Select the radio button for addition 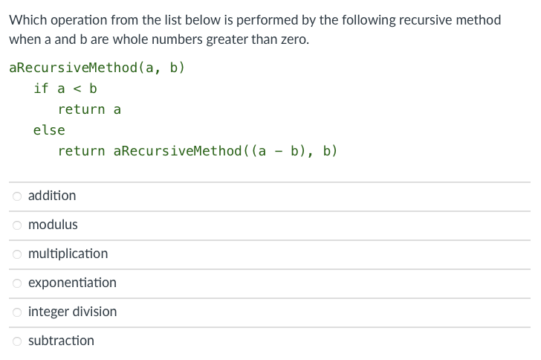pyautogui.click(x=16, y=196)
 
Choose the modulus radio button pyautogui.click(x=16, y=225)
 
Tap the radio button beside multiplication pyautogui.click(x=16, y=254)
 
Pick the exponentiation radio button pyautogui.click(x=16, y=283)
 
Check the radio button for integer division pyautogui.click(x=16, y=312)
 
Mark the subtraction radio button pyautogui.click(x=16, y=341)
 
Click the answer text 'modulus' pyautogui.click(x=53, y=225)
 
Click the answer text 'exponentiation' pyautogui.click(x=72, y=283)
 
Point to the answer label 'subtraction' pyautogui.click(x=61, y=341)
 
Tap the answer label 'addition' pyautogui.click(x=52, y=196)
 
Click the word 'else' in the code pyautogui.click(x=49, y=130)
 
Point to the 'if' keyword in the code pyautogui.click(x=41, y=89)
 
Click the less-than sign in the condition pyautogui.click(x=77, y=89)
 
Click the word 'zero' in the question pyautogui.click(x=291, y=39)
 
